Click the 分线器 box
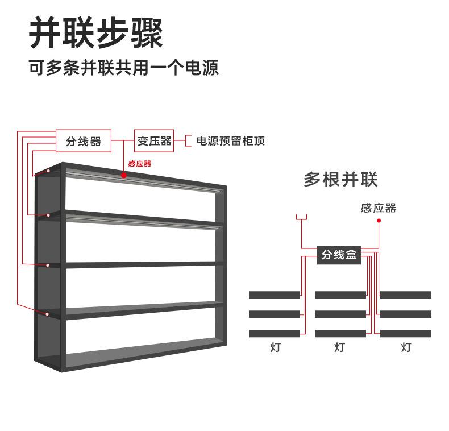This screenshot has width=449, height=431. (83, 141)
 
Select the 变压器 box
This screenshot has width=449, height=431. (154, 140)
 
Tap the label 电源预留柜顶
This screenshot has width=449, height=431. (230, 141)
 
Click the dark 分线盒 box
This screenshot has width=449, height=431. (339, 255)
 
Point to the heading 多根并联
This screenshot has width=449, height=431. (340, 180)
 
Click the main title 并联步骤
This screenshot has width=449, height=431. (96, 33)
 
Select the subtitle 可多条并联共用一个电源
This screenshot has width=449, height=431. (124, 68)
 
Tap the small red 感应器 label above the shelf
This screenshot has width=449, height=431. (139, 164)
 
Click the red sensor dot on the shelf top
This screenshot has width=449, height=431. (124, 175)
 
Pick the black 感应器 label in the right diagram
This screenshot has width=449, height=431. (378, 208)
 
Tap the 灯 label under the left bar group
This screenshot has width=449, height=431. (275, 347)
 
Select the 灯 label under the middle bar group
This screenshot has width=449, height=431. (339, 347)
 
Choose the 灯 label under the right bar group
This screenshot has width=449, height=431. (406, 347)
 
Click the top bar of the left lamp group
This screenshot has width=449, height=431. (274, 295)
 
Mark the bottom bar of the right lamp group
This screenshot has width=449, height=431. (406, 333)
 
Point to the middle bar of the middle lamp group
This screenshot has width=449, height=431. (340, 314)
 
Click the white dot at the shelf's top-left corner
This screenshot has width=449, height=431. (48, 171)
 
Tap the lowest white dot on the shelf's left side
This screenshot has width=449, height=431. (47, 313)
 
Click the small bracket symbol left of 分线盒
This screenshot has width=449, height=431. (301, 217)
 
